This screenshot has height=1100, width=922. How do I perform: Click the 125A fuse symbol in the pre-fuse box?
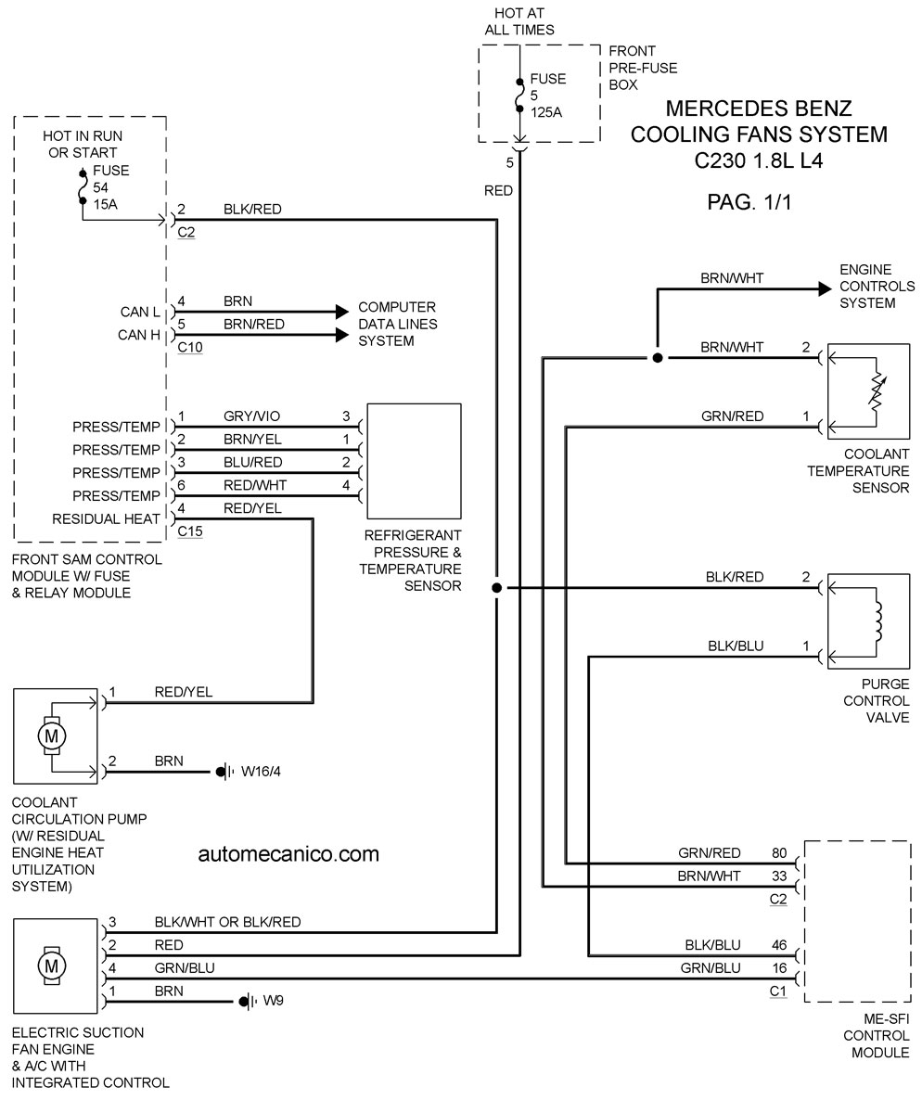pos(519,95)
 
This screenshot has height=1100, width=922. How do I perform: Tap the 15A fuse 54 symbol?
pos(83,185)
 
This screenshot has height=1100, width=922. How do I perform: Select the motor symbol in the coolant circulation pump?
pos(51,735)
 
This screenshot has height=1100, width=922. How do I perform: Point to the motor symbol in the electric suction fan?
pos(51,966)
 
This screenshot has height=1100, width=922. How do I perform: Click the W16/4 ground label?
pos(261,772)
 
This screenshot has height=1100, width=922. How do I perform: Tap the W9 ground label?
pos(273,1001)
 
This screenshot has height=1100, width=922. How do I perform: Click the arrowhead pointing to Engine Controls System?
pos(826,288)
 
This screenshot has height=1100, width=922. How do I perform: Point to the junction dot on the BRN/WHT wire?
pos(658,358)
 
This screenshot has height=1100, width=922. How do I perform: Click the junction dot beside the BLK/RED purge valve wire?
pos(497,588)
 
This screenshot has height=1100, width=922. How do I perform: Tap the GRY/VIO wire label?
pos(252,416)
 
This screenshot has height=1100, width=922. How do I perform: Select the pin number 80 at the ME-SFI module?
pos(779,853)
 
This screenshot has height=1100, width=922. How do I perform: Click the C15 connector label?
pos(190,531)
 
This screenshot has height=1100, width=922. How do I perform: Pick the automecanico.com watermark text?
pos(288,854)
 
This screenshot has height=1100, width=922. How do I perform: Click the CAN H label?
pos(139,335)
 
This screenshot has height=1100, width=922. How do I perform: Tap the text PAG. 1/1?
pos(749,202)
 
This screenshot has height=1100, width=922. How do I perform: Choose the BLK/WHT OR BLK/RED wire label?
pos(227,922)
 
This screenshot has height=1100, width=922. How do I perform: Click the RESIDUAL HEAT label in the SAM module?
pos(106,519)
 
